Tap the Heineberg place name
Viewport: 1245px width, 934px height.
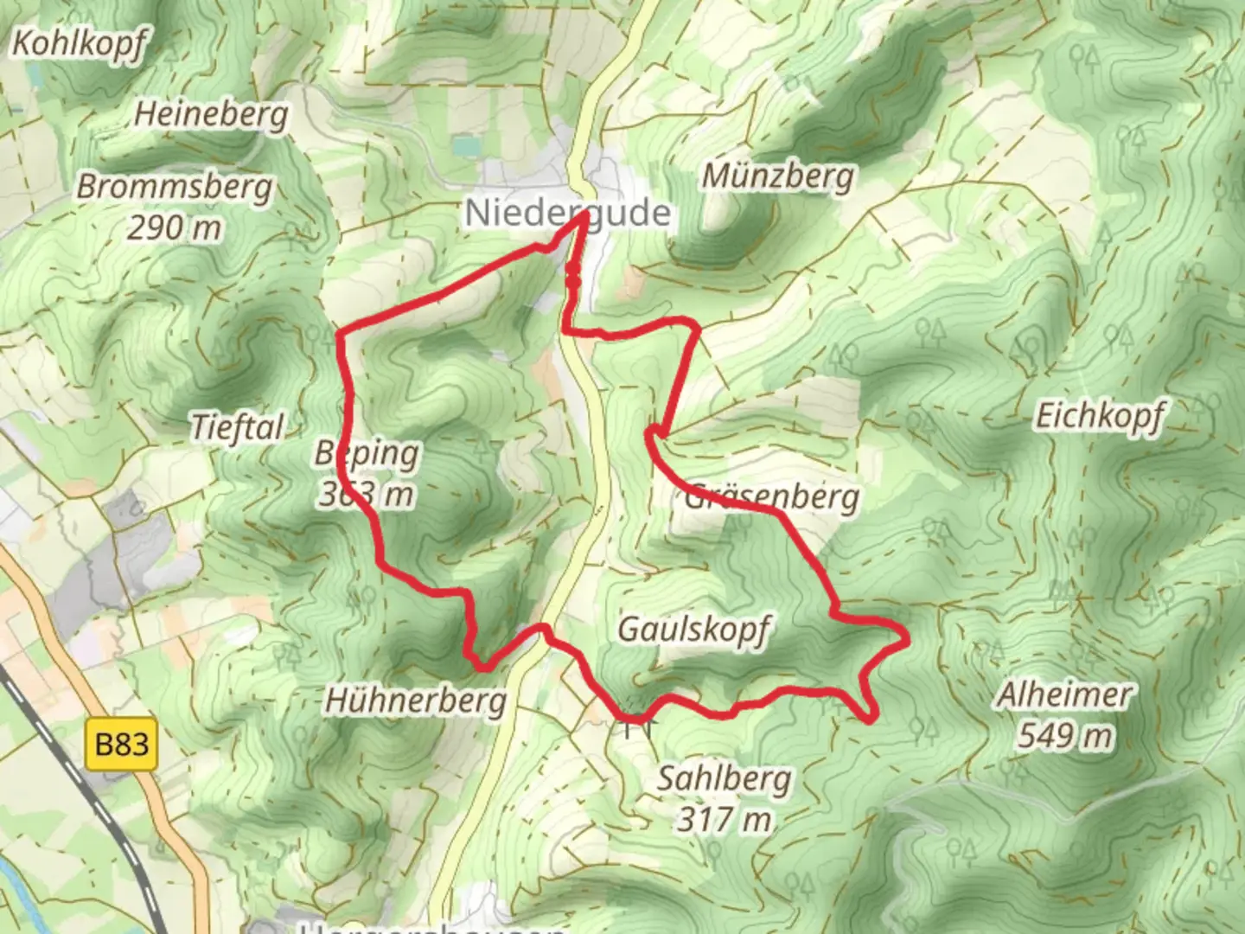pyautogui.click(x=212, y=114)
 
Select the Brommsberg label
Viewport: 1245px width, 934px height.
pyautogui.click(x=175, y=187)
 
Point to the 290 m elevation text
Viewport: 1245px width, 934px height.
pyautogui.click(x=175, y=228)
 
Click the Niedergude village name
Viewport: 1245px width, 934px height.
pyautogui.click(x=568, y=213)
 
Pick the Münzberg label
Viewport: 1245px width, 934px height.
pyautogui.click(x=777, y=176)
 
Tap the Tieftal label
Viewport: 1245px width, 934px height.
pyautogui.click(x=237, y=427)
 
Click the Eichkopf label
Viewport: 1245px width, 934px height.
pyautogui.click(x=1100, y=417)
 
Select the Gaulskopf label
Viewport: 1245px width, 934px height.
pyautogui.click(x=693, y=629)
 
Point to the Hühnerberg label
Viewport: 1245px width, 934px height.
pyautogui.click(x=416, y=700)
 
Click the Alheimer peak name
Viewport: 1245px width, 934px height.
pyautogui.click(x=1064, y=694)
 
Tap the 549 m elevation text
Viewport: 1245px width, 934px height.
pyautogui.click(x=1064, y=736)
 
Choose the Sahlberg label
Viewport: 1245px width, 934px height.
pyautogui.click(x=724, y=778)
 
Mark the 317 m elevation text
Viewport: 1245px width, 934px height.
pyautogui.click(x=724, y=818)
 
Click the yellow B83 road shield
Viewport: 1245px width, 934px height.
pyautogui.click(x=122, y=744)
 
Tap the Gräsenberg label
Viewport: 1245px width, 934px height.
pyautogui.click(x=772, y=497)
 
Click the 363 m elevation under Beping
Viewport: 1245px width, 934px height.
pyautogui.click(x=366, y=495)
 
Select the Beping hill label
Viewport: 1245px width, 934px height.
pyautogui.click(x=367, y=452)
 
